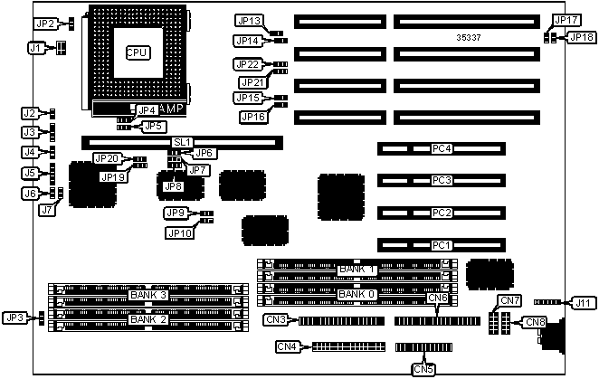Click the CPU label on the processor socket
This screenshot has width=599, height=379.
(138, 52)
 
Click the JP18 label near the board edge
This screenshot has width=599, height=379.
(580, 37)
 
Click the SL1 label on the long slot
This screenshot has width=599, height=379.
(182, 142)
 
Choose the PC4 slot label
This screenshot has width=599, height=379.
(441, 148)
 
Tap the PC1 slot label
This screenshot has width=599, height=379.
(441, 244)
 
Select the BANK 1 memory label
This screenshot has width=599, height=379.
(356, 270)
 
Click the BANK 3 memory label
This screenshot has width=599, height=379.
(148, 295)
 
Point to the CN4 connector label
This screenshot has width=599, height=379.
(287, 346)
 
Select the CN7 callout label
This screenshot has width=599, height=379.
(510, 300)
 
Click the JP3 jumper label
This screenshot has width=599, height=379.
(15, 317)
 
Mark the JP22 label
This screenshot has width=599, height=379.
(247, 64)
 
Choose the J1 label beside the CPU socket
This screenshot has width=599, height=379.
(37, 48)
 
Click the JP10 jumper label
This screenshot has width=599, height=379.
(179, 232)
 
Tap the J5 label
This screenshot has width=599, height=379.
(30, 173)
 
